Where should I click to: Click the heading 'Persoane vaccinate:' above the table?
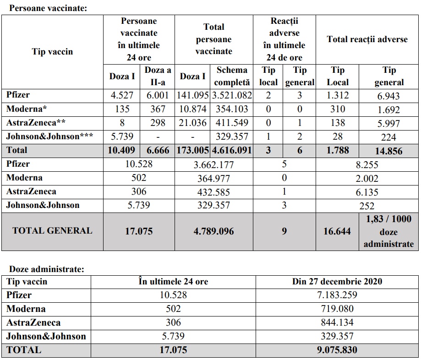pos(42,8)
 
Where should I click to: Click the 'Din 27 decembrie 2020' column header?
pos(337,281)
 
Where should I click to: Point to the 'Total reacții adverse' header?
pos(367,39)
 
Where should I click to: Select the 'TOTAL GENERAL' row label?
pos(52,230)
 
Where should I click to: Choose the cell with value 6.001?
pos(158,96)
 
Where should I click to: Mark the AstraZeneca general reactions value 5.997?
pos(388,123)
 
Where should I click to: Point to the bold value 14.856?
pos(388,151)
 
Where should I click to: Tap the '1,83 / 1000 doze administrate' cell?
pos(388,231)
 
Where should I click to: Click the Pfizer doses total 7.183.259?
pos(337,295)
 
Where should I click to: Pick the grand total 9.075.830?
pos(337,350)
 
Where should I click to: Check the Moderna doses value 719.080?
pos(337,309)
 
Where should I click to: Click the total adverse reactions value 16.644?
pos(337,231)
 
